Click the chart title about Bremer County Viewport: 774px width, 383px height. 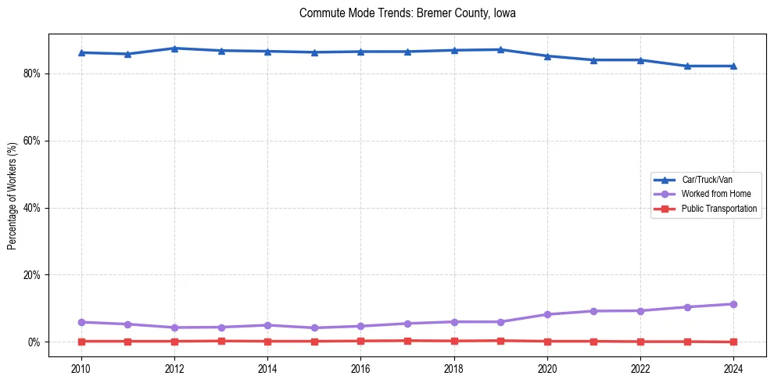[407, 13]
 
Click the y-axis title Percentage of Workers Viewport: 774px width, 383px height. [12, 196]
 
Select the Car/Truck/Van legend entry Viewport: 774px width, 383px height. [707, 180]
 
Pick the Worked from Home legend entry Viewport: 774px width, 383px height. [715, 194]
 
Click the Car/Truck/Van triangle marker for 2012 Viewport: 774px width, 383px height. [174, 48]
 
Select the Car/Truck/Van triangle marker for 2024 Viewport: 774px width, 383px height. [733, 66]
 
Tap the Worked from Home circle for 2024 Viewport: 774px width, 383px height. [733, 304]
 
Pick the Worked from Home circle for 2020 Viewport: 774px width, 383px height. [547, 314]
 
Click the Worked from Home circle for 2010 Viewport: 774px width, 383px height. [81, 322]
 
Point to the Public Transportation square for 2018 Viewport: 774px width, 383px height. [454, 341]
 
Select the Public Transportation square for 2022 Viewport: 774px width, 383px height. [640, 342]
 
